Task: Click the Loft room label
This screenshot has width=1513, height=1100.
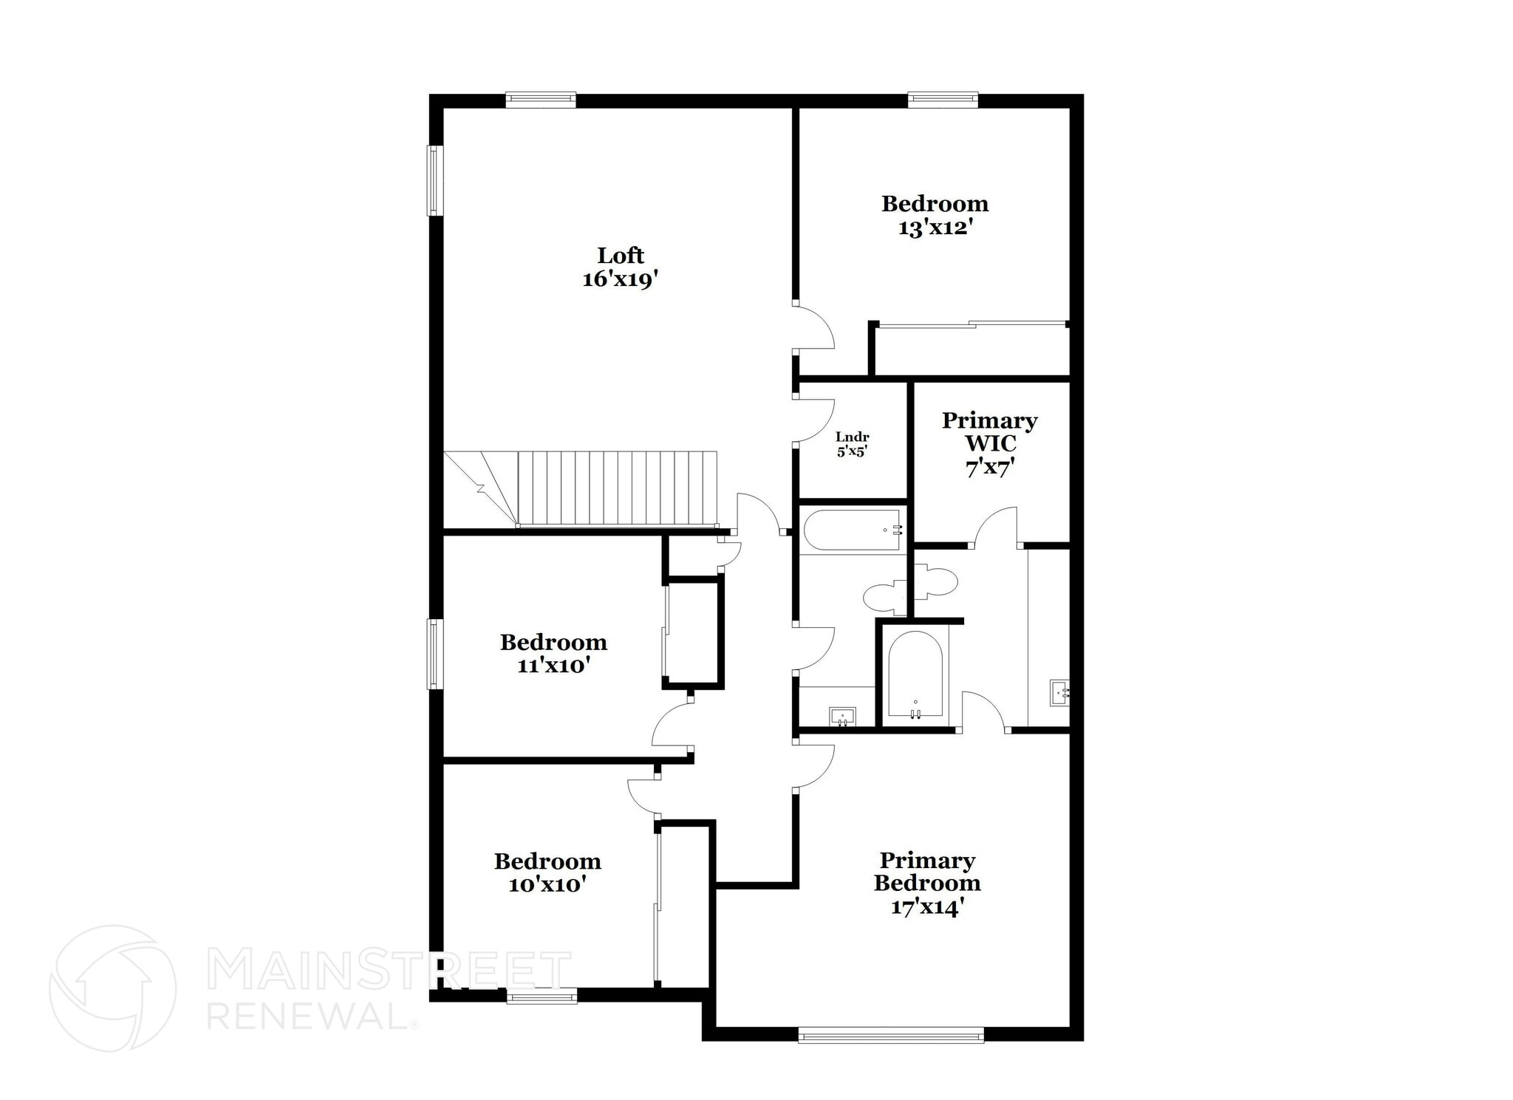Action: [621, 256]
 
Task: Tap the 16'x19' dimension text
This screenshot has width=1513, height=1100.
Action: [621, 279]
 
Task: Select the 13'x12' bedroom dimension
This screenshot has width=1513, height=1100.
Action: [935, 228]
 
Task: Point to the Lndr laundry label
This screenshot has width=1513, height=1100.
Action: [852, 437]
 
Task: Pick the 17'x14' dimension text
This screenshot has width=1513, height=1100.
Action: [927, 906]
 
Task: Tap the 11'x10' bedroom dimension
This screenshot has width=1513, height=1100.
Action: [553, 666]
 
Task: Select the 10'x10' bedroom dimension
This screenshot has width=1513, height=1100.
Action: [547, 884]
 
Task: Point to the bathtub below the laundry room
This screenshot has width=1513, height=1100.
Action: [852, 530]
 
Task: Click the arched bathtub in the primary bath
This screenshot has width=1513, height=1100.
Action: [915, 674]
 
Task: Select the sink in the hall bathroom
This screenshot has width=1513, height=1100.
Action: [842, 716]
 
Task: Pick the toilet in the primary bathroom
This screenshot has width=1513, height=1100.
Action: [936, 581]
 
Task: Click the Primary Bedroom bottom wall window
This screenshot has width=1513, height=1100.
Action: [891, 1035]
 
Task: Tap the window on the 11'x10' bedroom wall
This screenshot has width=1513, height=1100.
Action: [436, 654]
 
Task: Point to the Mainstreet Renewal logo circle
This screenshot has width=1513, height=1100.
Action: [112, 988]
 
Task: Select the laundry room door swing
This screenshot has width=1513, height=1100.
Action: [815, 420]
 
